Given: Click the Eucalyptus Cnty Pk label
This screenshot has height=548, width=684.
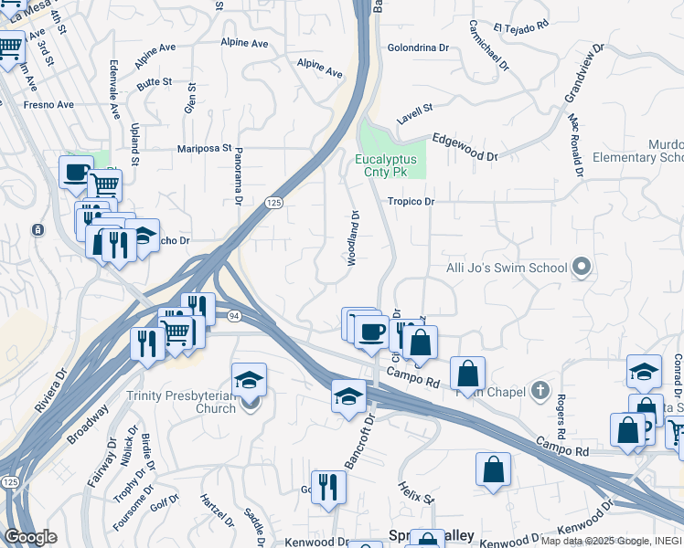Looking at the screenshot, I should (x=385, y=165).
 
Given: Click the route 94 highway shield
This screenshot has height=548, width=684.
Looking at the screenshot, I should (x=235, y=316).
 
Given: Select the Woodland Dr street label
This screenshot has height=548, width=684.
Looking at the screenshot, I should (x=354, y=238).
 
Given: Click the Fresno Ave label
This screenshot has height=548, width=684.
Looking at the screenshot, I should (x=49, y=105).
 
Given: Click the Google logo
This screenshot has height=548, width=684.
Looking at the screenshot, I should (x=30, y=537).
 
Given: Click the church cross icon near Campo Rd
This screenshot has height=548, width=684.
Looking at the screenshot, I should (x=541, y=392).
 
